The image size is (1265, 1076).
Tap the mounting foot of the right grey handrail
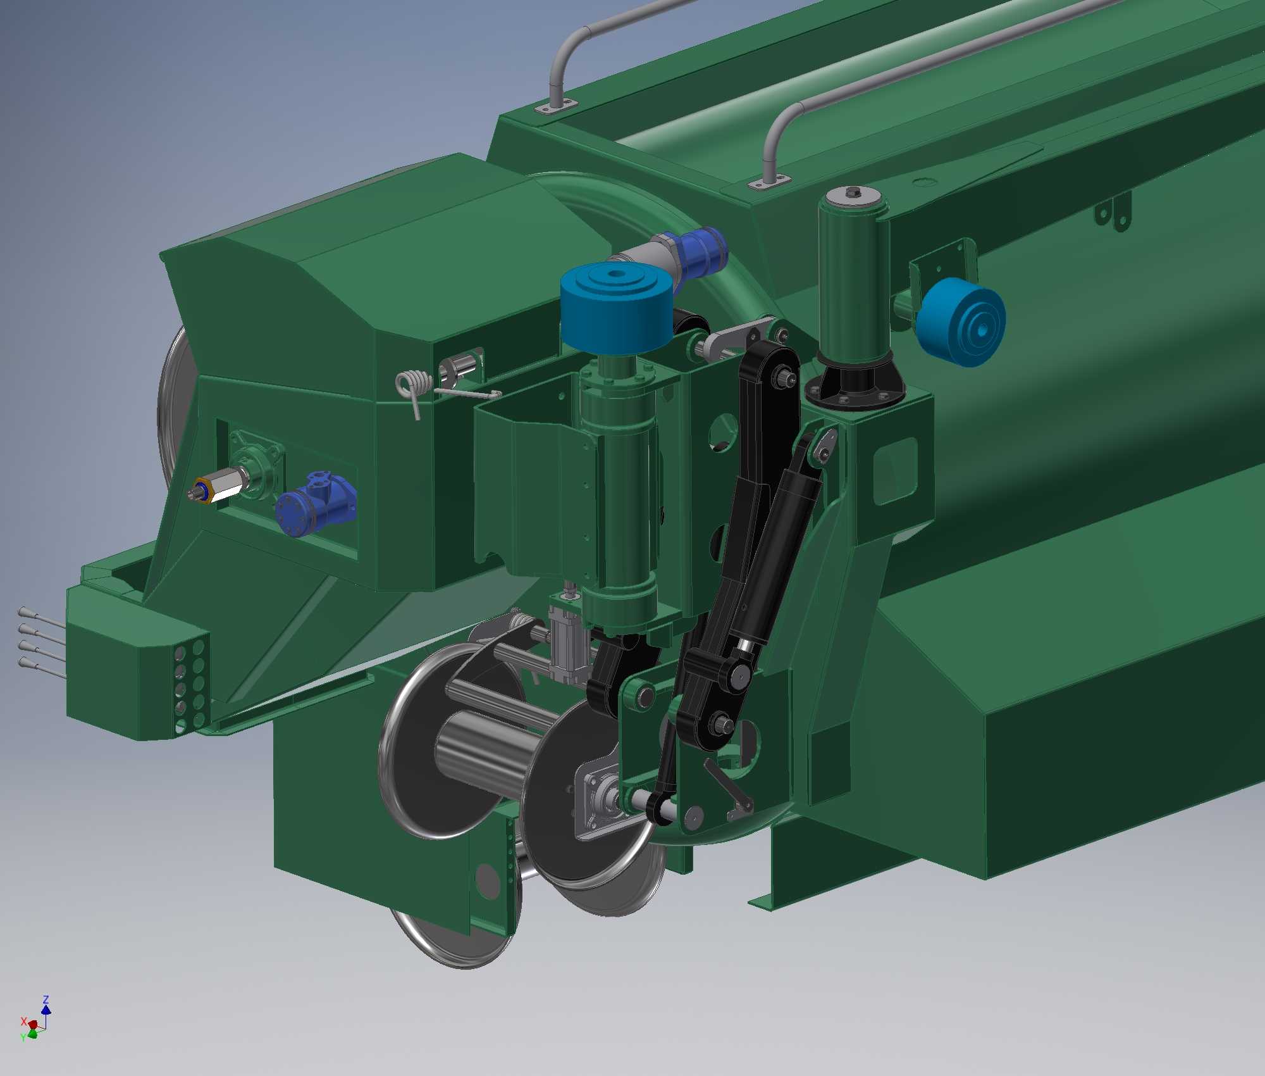pos(769,182)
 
